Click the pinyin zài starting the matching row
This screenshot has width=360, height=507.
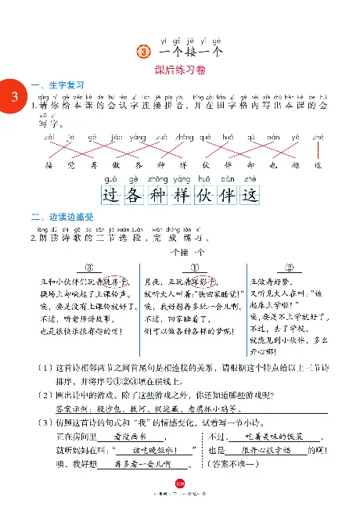49,138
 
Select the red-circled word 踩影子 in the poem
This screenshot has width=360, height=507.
216,280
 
